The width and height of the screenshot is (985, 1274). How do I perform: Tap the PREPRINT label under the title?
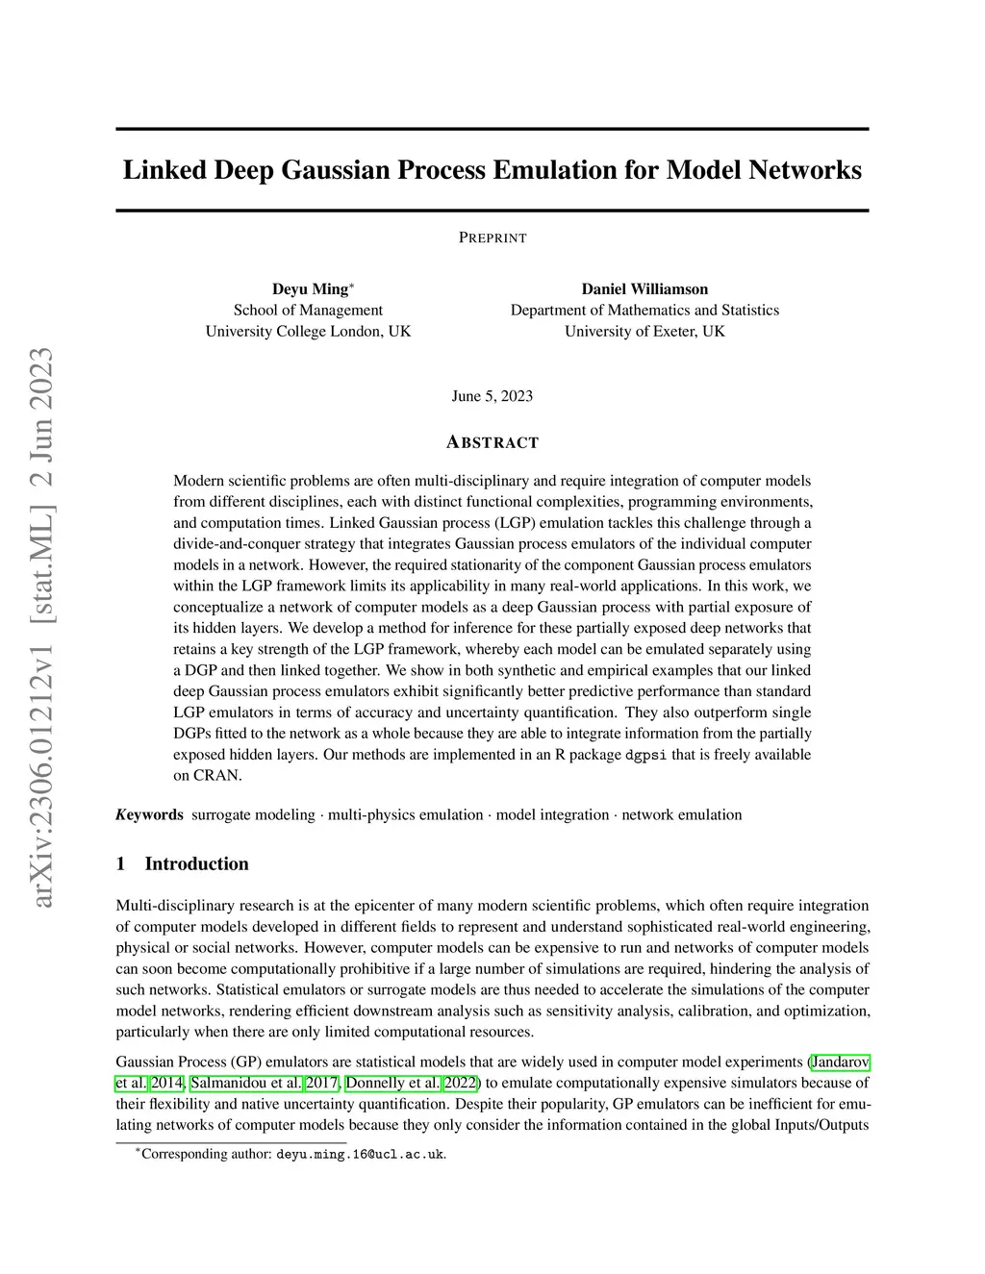[x=492, y=237]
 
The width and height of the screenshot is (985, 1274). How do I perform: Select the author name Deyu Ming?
[x=311, y=288]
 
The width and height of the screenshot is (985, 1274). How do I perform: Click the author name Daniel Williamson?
[x=644, y=288]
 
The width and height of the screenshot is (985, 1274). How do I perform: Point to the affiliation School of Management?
[x=308, y=310]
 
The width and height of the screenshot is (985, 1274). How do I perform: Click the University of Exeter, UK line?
[x=644, y=331]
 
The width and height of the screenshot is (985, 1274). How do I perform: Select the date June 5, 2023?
[x=492, y=396]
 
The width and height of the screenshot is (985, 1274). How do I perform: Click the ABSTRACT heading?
[x=492, y=442]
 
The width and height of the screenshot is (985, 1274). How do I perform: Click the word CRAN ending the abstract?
[x=221, y=776]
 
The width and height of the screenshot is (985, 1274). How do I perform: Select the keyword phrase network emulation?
[x=682, y=814]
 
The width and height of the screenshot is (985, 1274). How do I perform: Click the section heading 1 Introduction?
[x=183, y=863]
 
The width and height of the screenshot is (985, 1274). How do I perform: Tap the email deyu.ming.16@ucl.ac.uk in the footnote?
[x=361, y=1154]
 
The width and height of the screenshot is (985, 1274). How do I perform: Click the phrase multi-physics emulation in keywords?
[x=405, y=814]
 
